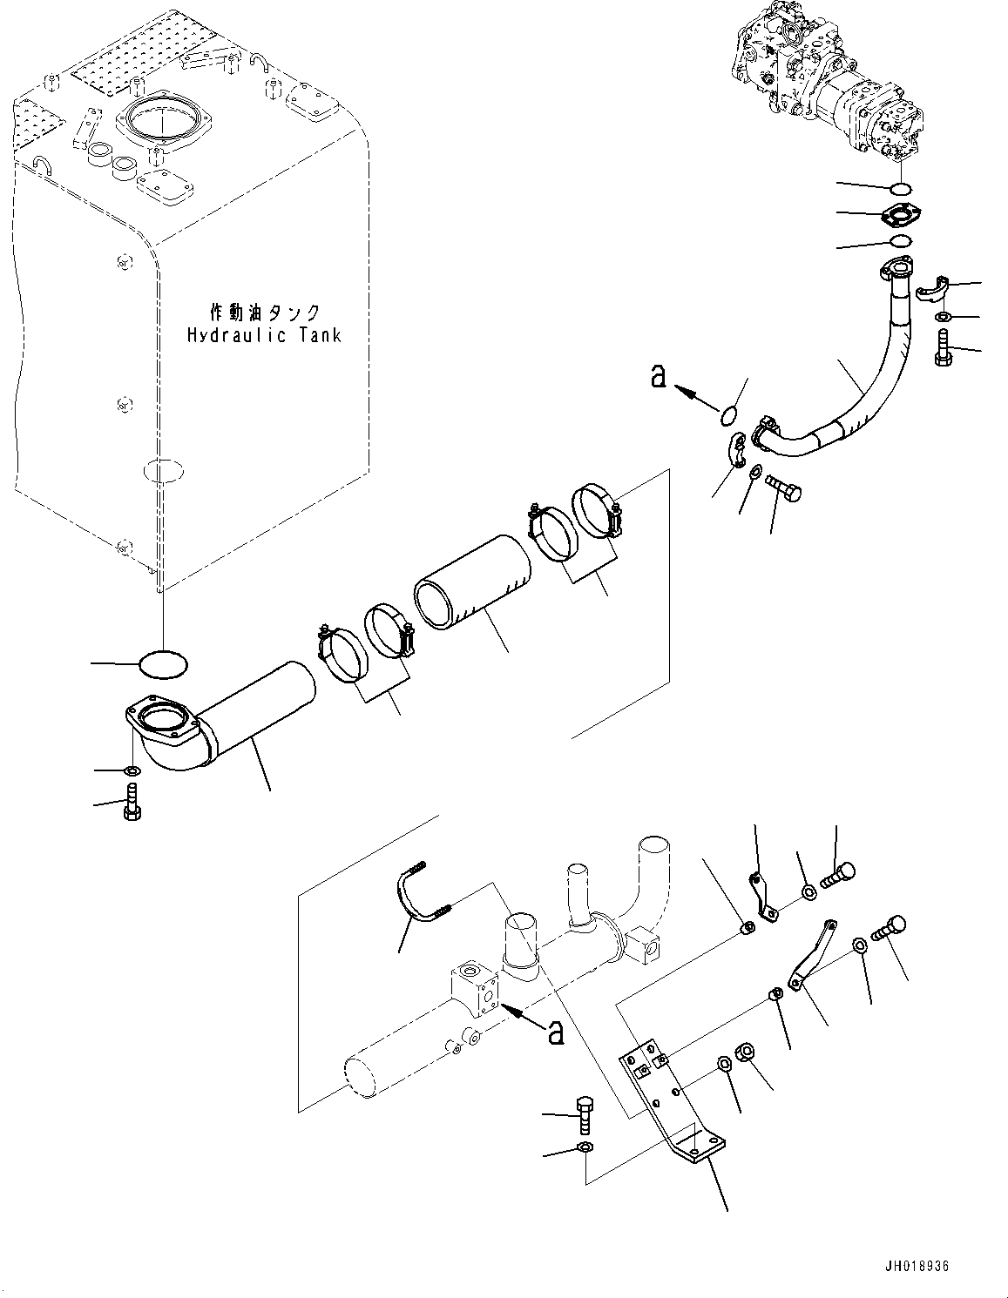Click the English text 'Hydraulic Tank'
click(264, 334)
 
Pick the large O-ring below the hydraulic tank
click(163, 666)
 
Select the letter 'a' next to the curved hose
click(659, 376)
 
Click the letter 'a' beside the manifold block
click(554, 1032)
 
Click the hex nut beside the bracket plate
click(746, 1051)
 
